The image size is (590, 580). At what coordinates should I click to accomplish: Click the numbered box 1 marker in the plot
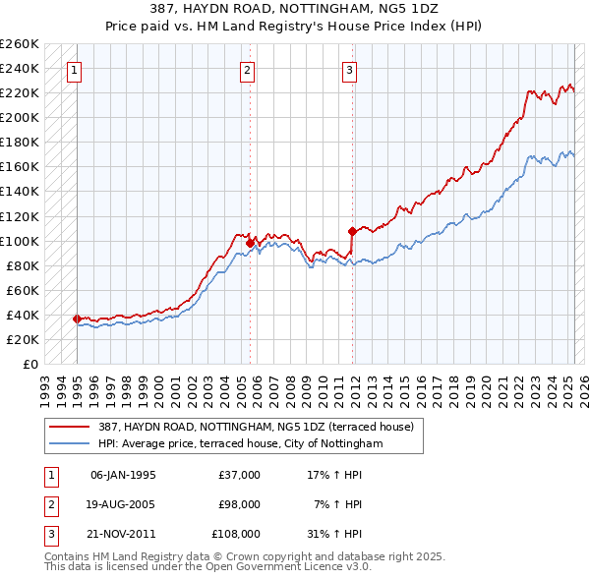76,70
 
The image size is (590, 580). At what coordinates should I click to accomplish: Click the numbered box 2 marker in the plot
247,70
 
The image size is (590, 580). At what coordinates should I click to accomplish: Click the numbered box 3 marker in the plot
350,70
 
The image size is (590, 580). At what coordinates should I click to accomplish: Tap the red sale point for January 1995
77,319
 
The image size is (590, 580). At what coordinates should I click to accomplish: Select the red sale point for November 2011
352,231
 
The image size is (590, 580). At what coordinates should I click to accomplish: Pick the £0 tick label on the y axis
30,364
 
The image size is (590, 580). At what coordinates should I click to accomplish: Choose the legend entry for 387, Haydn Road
256,427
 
